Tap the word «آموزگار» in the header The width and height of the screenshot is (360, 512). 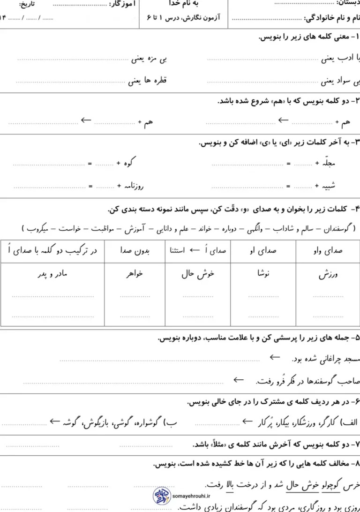[123, 5]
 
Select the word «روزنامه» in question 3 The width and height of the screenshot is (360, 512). [134, 186]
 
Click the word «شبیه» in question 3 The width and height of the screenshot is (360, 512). [326, 186]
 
